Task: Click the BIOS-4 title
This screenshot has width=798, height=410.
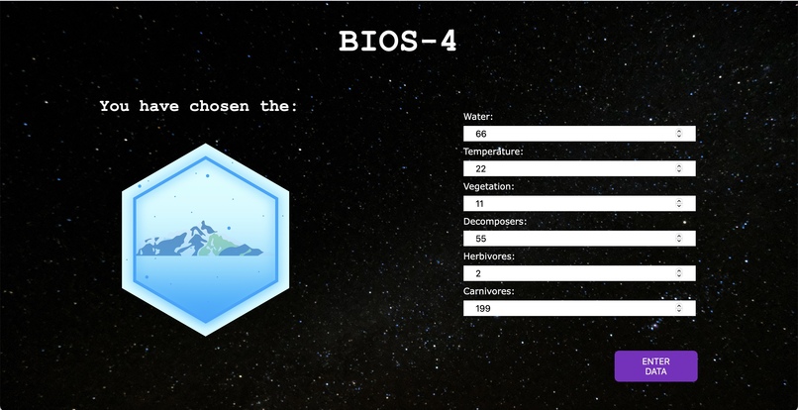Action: [398, 42]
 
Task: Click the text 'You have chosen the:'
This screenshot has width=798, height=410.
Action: [198, 105]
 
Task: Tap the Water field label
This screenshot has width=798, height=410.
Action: [478, 117]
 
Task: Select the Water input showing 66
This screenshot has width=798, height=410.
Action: [569, 134]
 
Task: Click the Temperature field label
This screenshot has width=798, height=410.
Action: [493, 152]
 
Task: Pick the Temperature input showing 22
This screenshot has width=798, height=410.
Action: [569, 168]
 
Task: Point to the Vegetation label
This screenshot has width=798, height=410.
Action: [488, 186]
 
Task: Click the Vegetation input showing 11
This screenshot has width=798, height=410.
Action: [569, 203]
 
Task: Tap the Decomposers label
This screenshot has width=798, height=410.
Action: [494, 222]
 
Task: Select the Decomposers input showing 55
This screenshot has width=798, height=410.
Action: [569, 239]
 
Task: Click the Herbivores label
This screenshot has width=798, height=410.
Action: [489, 256]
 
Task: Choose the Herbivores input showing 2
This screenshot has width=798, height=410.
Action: [569, 273]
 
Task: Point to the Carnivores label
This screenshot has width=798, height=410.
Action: [489, 291]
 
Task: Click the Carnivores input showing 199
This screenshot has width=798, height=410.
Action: [569, 308]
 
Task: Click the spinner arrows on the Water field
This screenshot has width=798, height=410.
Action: [679, 134]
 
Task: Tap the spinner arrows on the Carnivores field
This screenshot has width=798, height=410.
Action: [679, 308]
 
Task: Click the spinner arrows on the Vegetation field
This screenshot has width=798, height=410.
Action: [679, 203]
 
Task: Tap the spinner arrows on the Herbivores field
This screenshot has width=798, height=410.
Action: [679, 273]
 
